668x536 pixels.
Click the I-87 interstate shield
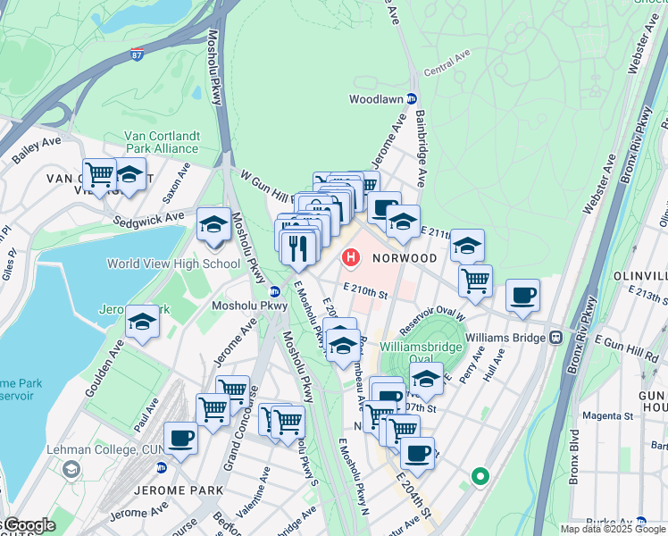tap(137, 55)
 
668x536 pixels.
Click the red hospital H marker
tap(351, 258)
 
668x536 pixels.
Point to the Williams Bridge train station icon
tap(555, 338)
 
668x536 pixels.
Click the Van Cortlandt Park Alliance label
tap(148, 142)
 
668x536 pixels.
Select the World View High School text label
tap(173, 264)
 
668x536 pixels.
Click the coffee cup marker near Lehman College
tap(180, 438)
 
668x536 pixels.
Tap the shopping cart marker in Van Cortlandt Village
tap(99, 172)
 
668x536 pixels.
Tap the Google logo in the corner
tap(29, 525)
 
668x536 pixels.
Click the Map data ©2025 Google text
tap(613, 529)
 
